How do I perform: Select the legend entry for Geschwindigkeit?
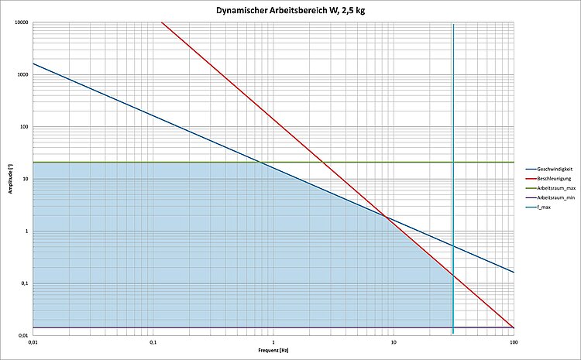[553, 168]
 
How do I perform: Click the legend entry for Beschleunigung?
[553, 178]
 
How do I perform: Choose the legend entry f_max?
[545, 207]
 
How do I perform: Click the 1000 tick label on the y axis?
[22, 75]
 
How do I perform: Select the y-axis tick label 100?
[24, 127]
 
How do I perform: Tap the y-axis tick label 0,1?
[24, 283]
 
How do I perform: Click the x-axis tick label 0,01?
[33, 341]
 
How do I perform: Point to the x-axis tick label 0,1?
[153, 341]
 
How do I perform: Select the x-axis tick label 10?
[394, 341]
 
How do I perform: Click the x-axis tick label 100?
[513, 341]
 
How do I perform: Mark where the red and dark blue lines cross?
[385, 218]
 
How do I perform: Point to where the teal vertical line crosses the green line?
[453, 162]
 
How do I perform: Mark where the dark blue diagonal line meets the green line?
[259, 162]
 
